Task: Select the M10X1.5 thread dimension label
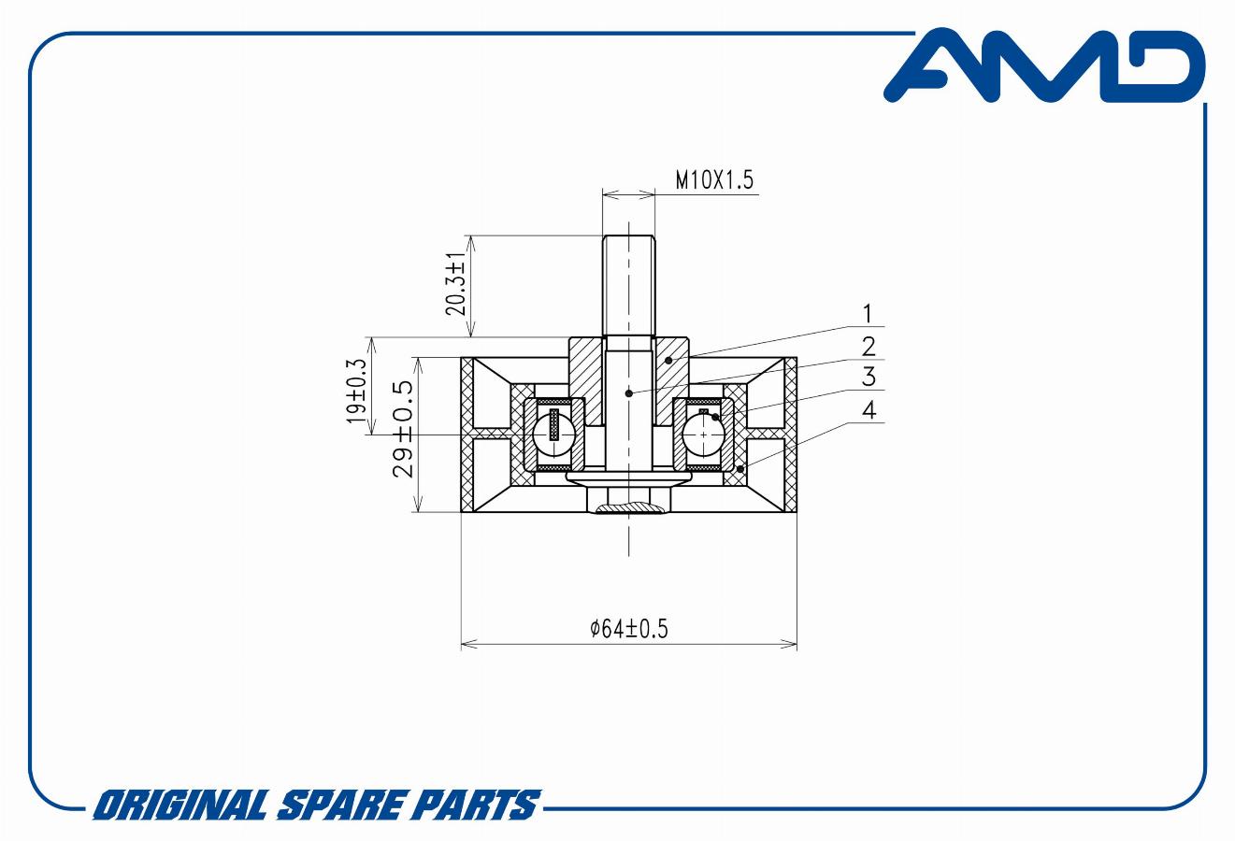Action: [x=714, y=180]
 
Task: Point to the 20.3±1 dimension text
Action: [x=456, y=284]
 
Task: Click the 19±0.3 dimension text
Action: [x=356, y=392]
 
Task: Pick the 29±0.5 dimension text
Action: [x=403, y=429]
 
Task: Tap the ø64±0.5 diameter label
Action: [x=628, y=629]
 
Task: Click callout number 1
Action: [x=868, y=314]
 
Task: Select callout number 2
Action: [x=869, y=347]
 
